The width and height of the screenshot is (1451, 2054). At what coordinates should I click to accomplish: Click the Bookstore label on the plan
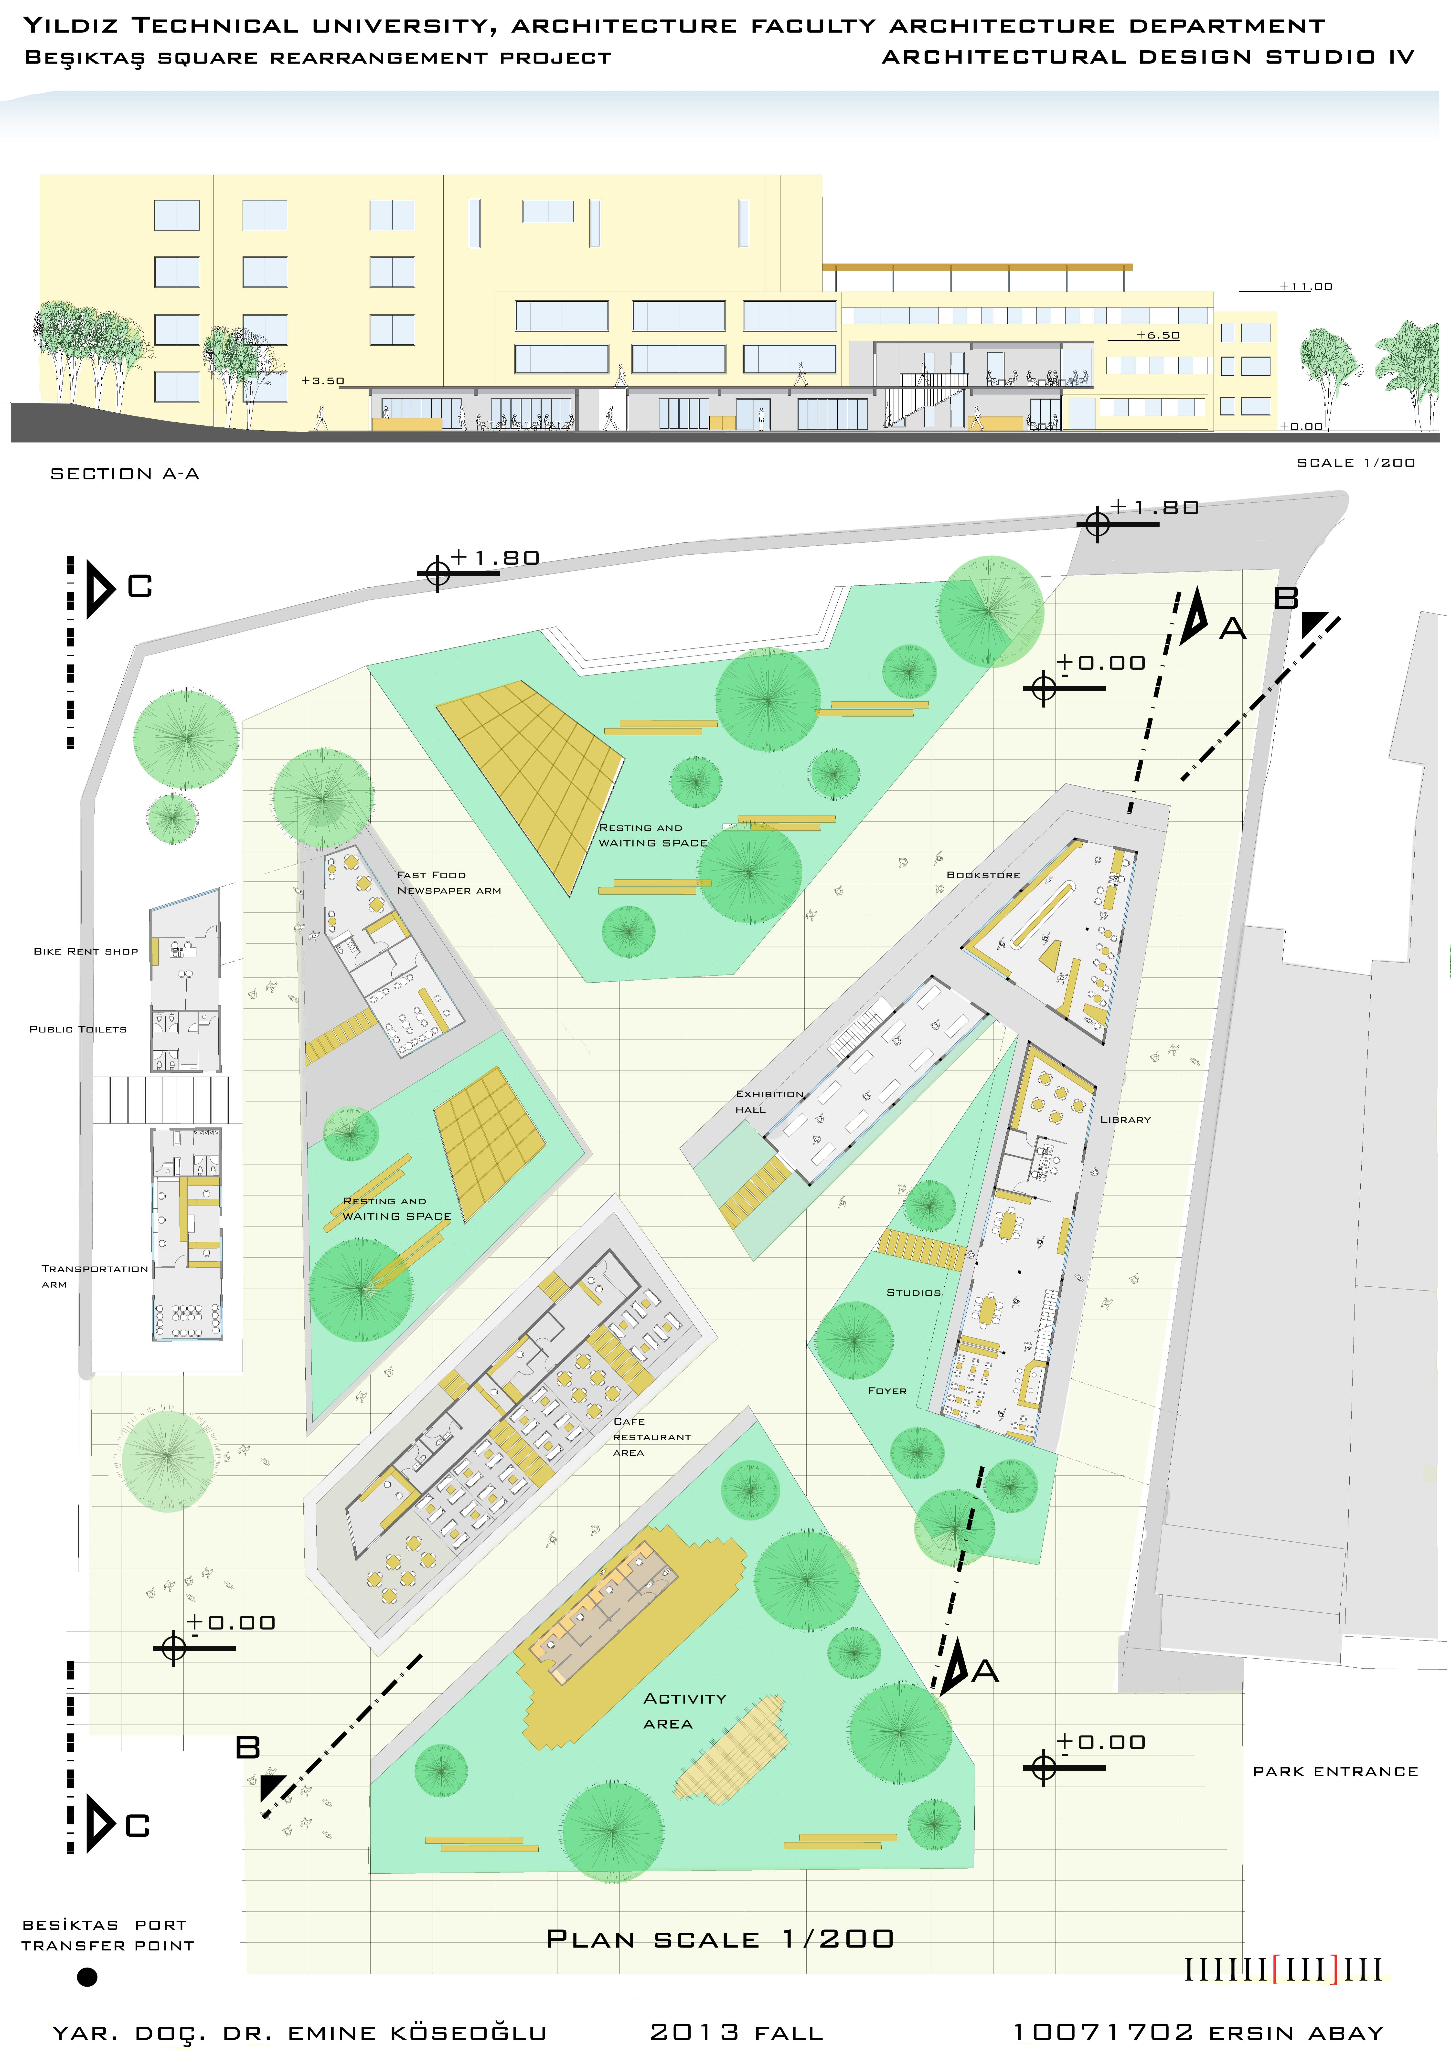point(983,875)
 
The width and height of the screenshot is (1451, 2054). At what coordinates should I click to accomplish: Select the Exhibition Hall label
point(769,1101)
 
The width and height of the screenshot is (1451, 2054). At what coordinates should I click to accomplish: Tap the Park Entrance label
point(1336,1771)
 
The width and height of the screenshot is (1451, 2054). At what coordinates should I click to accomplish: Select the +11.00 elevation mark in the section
point(1306,286)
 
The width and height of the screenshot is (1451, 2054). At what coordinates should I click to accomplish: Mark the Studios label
point(913,1293)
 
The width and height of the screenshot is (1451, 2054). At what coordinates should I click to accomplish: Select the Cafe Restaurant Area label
point(652,1437)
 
